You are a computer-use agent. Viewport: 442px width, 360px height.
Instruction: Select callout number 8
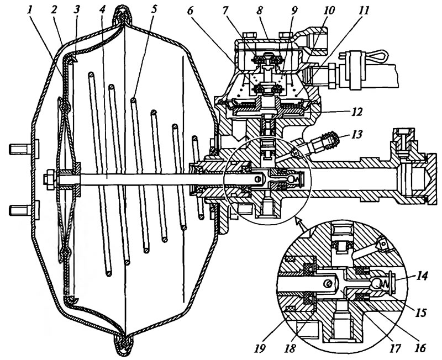tap(260, 10)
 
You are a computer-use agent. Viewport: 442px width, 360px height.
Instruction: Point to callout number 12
tap(356, 112)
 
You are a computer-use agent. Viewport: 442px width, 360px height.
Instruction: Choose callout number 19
tap(260, 348)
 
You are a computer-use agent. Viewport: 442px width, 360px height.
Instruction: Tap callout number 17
tap(394, 348)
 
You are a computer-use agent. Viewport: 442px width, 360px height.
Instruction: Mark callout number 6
tap(190, 10)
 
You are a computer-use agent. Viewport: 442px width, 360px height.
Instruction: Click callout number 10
tap(329, 10)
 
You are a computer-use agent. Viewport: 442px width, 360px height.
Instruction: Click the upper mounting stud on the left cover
tap(21, 149)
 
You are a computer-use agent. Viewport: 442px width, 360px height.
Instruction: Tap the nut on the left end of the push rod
tap(49, 179)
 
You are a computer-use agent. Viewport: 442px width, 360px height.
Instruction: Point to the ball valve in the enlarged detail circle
tap(376, 284)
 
